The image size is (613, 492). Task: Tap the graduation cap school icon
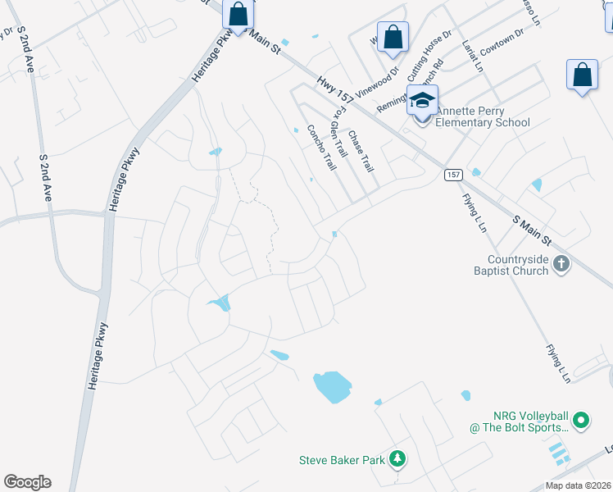[423, 101]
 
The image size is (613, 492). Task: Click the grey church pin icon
[561, 263]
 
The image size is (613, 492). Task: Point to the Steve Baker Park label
[342, 460]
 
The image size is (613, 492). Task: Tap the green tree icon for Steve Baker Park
[397, 459]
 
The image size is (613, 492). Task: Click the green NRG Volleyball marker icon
[581, 421]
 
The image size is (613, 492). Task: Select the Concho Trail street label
[321, 148]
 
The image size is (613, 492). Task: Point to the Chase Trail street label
[361, 151]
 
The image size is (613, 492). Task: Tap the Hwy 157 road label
[338, 95]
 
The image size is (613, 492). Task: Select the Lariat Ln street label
[471, 54]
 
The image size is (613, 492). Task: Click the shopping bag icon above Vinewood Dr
[393, 37]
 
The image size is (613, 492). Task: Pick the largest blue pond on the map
[332, 387]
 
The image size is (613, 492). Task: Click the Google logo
[27, 482]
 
